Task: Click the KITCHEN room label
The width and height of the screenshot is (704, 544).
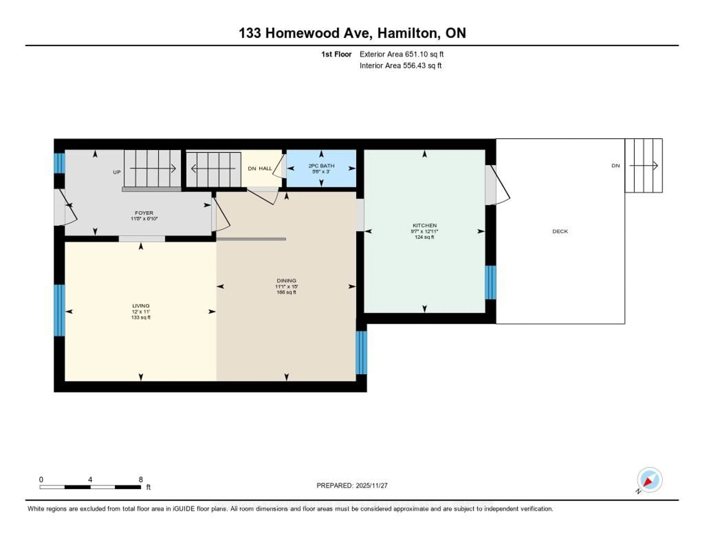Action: click(425, 225)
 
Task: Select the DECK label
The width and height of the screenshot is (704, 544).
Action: click(560, 231)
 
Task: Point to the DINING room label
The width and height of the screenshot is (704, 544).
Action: click(286, 281)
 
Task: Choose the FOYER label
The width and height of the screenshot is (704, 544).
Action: click(144, 213)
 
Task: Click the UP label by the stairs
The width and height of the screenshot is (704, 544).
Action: click(117, 172)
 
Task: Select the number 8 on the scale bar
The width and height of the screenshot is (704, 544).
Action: click(141, 479)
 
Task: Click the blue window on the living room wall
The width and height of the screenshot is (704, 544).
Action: click(59, 310)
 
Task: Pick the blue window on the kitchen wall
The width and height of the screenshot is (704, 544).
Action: click(490, 282)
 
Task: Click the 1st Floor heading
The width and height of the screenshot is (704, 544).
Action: click(336, 54)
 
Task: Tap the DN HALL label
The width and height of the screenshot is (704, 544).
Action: click(260, 168)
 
